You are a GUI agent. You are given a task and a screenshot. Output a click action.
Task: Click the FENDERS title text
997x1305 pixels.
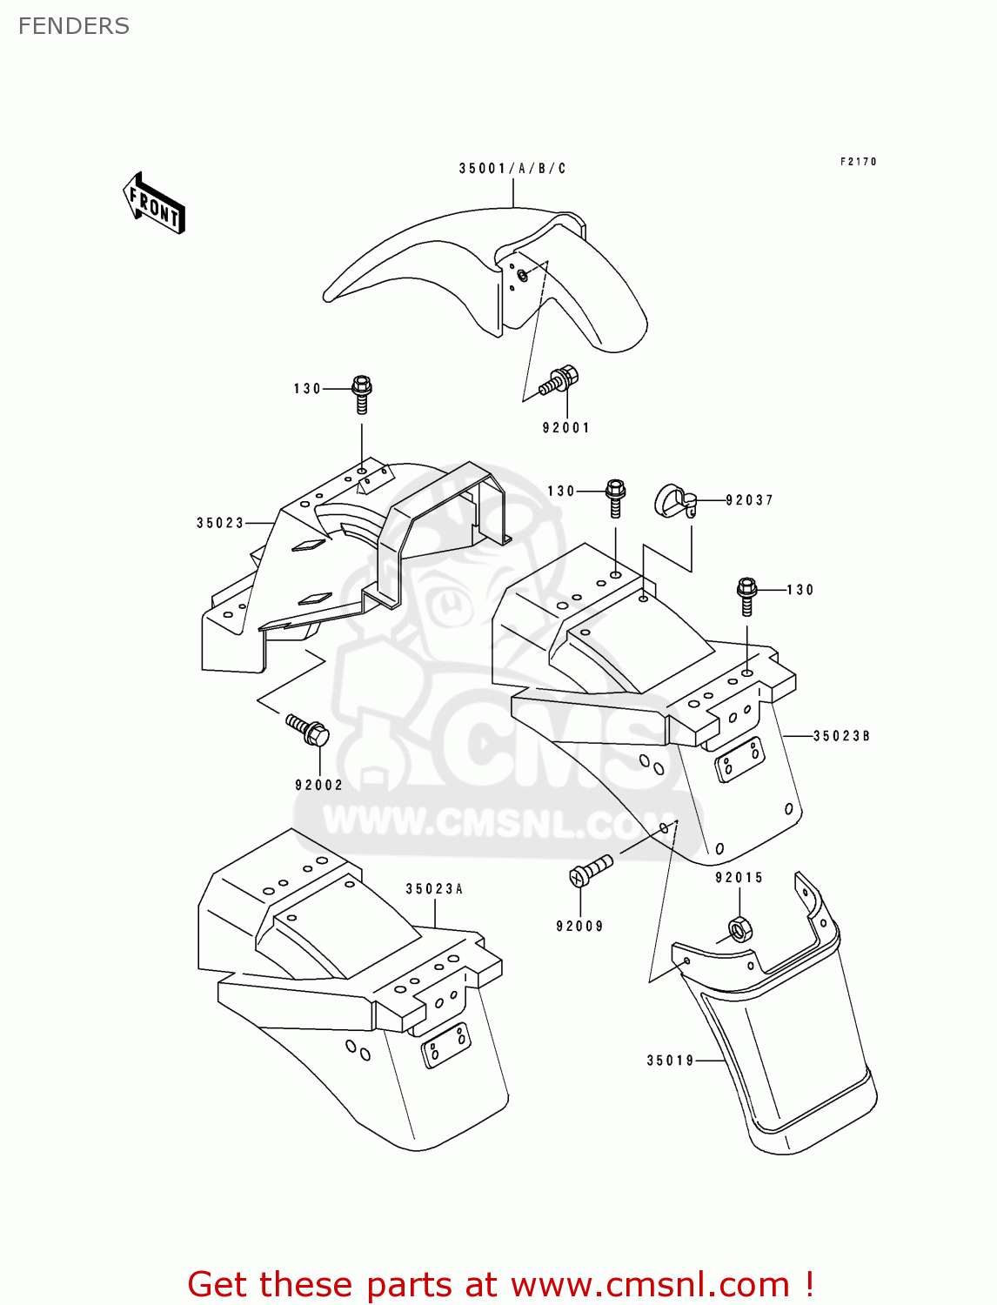pos(74,26)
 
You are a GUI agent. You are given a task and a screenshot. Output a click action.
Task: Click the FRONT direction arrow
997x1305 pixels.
pos(154,203)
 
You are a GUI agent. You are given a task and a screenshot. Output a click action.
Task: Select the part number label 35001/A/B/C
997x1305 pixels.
pos(512,168)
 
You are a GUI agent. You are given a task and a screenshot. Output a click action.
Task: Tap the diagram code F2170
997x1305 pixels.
pos(858,162)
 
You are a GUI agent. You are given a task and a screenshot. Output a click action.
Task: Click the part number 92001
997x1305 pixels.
pos(565,427)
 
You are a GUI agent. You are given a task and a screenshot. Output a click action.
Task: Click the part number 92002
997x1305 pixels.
pos(319,785)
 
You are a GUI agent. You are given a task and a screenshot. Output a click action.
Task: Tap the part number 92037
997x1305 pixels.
pos(749,500)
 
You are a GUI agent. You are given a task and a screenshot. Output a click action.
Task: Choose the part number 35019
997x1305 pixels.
pos(670,1061)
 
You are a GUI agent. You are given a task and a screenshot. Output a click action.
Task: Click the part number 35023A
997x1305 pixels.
pos(434,889)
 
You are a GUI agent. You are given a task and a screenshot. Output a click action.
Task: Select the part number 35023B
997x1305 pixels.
pos(841,736)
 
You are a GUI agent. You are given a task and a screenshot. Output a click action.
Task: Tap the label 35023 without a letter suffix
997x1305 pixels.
pos(220,523)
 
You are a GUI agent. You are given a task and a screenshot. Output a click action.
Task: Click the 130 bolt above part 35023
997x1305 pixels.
pos(361,394)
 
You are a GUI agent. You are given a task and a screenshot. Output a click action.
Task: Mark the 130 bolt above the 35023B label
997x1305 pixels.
pos(746,597)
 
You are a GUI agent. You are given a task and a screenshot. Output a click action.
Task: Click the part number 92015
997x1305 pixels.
pos(739,878)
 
